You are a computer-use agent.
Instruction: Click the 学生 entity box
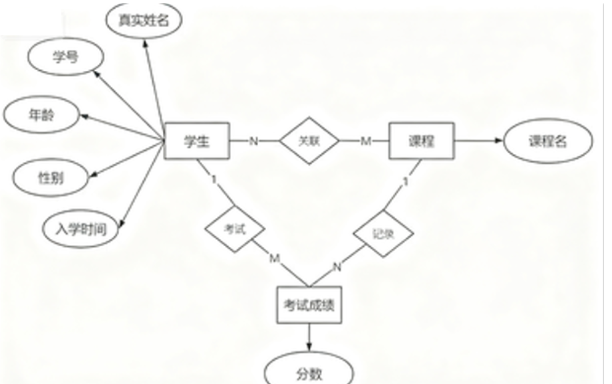197,141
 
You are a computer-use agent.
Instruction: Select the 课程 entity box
422,141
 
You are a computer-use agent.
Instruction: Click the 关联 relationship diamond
309,141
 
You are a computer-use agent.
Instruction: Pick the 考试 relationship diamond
235,229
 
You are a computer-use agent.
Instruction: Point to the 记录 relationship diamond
382,234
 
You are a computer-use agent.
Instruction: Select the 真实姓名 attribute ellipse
144,21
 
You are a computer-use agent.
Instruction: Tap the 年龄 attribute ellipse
43,116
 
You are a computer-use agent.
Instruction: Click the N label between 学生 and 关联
254,141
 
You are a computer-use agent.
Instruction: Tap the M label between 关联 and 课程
365,141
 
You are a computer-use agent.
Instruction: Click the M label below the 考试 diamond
275,258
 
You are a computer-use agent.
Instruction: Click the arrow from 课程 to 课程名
478,141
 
